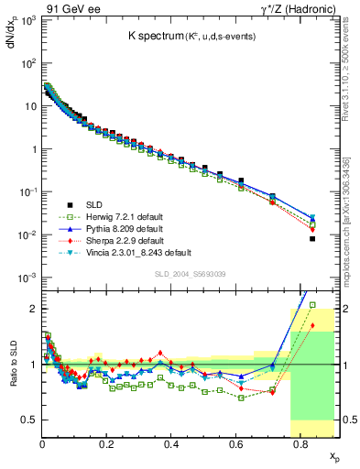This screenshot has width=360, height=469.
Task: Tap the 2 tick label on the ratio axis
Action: point(31,309)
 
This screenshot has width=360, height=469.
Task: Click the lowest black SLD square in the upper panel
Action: point(312,239)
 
